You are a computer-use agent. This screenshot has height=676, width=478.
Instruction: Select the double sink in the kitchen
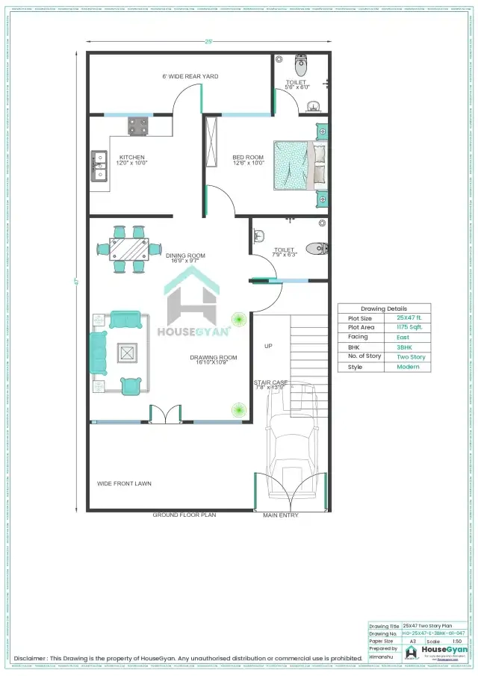coord(99,166)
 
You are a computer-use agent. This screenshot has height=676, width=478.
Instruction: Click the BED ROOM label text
coord(249,157)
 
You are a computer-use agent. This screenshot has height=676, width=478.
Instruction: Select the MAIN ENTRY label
coord(281,515)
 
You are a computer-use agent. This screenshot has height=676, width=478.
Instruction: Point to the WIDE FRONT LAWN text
coord(124,483)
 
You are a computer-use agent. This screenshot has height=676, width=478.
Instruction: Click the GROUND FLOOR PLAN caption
coord(184,515)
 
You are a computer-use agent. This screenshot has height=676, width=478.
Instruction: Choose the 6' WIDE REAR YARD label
coord(190,76)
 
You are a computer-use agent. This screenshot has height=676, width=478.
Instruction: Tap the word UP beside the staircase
coord(268,346)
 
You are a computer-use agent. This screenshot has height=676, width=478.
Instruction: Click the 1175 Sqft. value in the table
coord(409,327)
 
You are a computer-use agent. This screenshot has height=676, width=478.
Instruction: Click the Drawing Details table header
coord(384,308)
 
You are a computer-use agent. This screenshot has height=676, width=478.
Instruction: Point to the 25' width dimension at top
coord(208,42)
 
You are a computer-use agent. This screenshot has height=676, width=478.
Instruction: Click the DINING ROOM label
coord(185,255)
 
